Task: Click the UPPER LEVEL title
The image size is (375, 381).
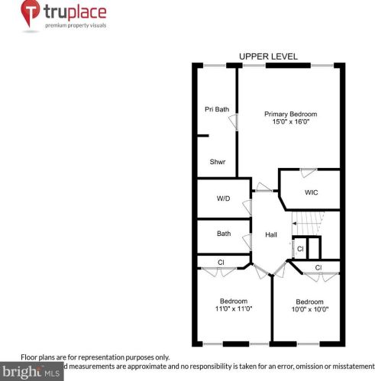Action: tap(268, 57)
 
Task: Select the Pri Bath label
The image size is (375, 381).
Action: tap(217, 109)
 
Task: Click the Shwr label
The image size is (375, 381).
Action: tap(218, 162)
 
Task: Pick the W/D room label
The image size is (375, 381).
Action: tap(223, 199)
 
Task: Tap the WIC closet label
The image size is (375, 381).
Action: tap(311, 192)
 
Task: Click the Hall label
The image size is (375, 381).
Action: tap(271, 234)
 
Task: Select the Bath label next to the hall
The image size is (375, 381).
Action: tap(224, 234)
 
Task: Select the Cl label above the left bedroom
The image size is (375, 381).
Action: tap(221, 263)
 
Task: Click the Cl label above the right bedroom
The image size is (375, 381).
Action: tap(318, 267)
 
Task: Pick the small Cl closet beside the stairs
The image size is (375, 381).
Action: tap(300, 249)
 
